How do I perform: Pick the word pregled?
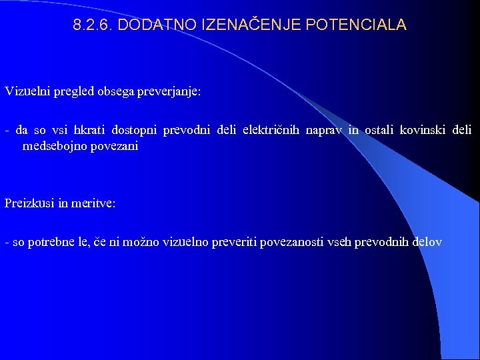[72, 91]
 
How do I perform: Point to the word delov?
[427, 242]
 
